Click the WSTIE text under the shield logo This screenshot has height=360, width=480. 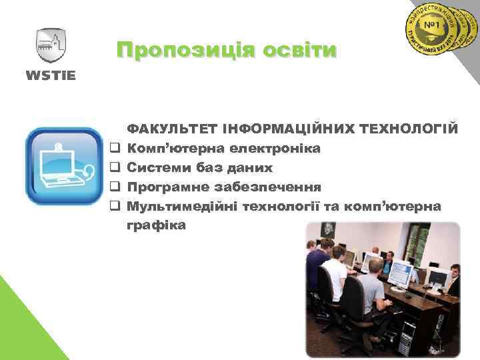51,74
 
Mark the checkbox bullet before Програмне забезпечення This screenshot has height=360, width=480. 115,187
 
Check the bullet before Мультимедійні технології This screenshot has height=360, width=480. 115,206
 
